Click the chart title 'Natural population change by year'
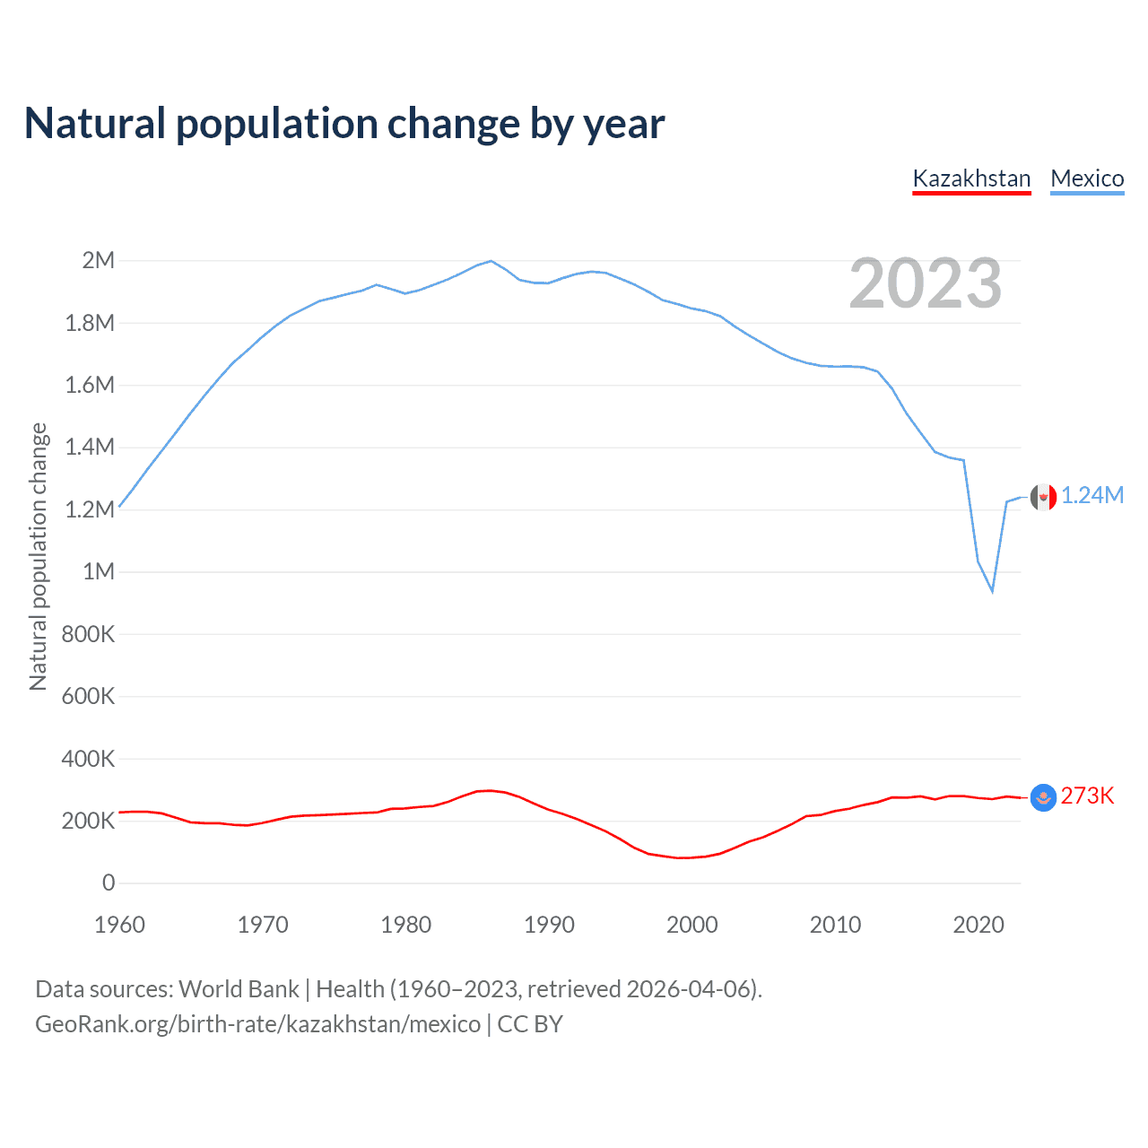(x=344, y=124)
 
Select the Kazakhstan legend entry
(x=971, y=178)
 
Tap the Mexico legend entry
(x=1087, y=178)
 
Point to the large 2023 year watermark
(x=925, y=283)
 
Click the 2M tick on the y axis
(x=99, y=261)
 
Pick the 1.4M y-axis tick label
(x=90, y=448)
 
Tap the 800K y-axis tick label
(x=88, y=634)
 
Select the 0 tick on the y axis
(x=109, y=883)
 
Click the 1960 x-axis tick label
(x=119, y=925)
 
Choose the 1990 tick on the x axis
(x=549, y=925)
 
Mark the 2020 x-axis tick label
(x=978, y=925)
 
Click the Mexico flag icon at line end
(x=1043, y=496)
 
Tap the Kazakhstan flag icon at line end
(x=1043, y=796)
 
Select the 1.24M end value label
(x=1092, y=496)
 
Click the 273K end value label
(x=1087, y=796)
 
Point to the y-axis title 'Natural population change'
(x=38, y=556)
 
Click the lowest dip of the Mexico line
(x=992, y=591)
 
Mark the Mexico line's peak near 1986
(x=491, y=261)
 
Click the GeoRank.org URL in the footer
(x=257, y=1024)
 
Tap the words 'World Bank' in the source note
(x=239, y=989)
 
